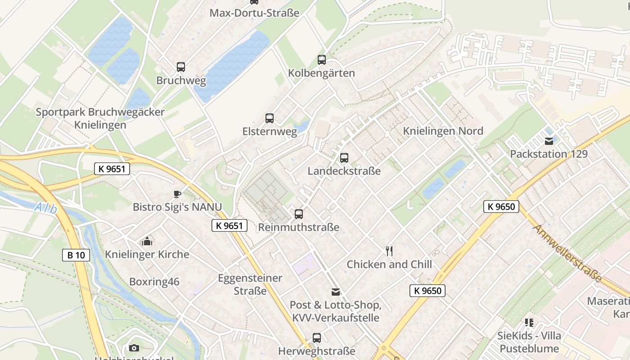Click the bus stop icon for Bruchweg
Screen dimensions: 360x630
tap(180, 67)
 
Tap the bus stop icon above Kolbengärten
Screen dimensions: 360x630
tap(321, 59)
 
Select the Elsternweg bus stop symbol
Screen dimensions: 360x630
tap(269, 118)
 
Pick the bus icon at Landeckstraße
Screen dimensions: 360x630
tap(344, 158)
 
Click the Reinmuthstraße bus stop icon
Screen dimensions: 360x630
tap(298, 214)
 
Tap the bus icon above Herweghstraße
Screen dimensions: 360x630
tap(316, 337)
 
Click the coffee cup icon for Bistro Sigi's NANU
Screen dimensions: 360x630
tap(177, 194)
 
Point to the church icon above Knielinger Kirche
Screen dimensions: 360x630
tap(147, 241)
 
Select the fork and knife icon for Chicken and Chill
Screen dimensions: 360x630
tap(389, 251)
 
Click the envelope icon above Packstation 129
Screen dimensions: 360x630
tap(549, 141)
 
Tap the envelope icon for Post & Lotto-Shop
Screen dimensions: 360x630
tap(335, 292)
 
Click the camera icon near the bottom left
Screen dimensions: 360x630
tap(134, 348)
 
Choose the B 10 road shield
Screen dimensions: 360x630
tap(76, 255)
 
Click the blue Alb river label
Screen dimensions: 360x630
tap(46, 208)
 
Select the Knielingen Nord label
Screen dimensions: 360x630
tap(443, 131)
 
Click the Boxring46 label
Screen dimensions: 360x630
tap(154, 282)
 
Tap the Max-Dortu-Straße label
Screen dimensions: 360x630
tap(254, 13)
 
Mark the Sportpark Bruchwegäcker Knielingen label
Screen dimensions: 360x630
tap(100, 118)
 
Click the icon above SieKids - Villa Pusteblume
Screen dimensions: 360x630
tap(529, 322)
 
